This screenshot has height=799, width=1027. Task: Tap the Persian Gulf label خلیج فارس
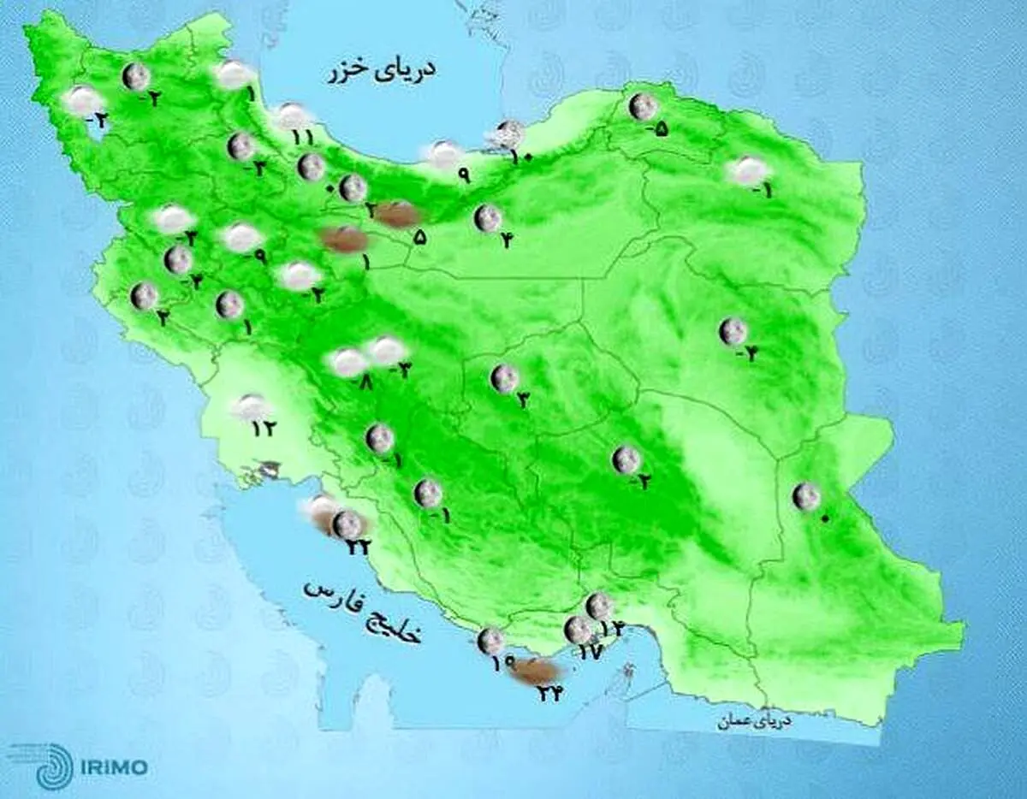[363, 609]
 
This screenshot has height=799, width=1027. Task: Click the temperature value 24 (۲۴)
[549, 694]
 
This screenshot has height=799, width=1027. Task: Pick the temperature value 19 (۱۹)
[503, 661]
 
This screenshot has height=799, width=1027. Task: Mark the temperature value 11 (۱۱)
[302, 137]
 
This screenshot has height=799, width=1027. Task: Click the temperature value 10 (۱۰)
[522, 157]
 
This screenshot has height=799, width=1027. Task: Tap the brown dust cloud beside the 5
[393, 214]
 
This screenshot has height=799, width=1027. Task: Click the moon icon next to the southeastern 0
[805, 495]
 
